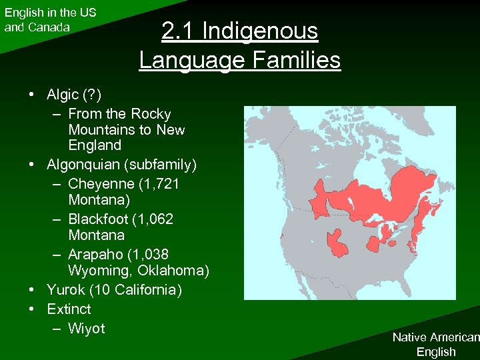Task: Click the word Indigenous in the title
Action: pos(260,31)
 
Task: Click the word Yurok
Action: pos(65,290)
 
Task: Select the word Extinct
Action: pos(69,309)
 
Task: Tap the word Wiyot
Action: pos(87,329)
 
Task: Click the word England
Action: pos(95,145)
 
